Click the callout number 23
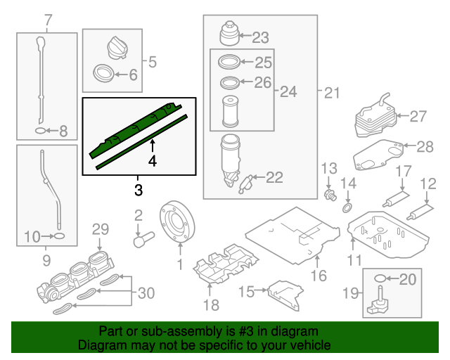260,37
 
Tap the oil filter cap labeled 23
229,36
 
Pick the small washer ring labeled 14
347,208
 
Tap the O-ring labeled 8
41,131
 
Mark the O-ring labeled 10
59,237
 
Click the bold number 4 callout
153,161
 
